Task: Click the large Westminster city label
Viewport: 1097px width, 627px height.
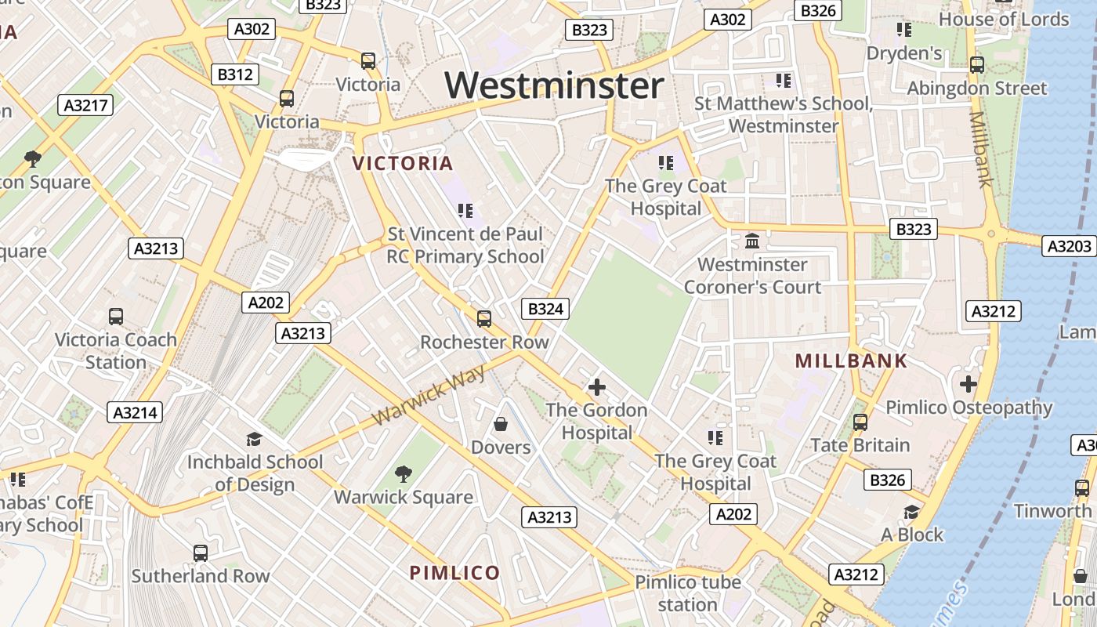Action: [x=555, y=85]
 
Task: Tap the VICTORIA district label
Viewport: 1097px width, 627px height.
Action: [x=403, y=163]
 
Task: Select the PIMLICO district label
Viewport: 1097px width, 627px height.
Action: [x=454, y=573]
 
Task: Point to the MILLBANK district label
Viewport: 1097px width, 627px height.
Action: [x=851, y=361]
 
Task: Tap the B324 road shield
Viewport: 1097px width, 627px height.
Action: [x=545, y=309]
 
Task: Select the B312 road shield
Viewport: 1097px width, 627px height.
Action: [x=235, y=74]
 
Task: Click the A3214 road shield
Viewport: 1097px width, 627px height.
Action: [x=136, y=413]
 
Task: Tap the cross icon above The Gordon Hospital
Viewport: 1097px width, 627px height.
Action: [x=597, y=386]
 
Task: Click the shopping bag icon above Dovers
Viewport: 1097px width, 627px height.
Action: [x=501, y=424]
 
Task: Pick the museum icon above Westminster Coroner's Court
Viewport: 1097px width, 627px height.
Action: [x=752, y=241]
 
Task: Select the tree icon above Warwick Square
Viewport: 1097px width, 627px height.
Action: [x=404, y=473]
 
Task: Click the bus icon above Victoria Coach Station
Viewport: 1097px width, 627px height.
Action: [x=116, y=317]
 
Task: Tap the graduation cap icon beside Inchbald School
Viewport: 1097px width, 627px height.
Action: [x=254, y=439]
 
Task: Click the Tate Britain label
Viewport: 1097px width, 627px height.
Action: [x=860, y=445]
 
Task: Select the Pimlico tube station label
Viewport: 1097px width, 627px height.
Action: [x=687, y=593]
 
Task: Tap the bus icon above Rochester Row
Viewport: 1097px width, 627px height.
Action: [x=484, y=319]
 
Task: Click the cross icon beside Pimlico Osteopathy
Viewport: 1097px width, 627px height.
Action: [x=968, y=384]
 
